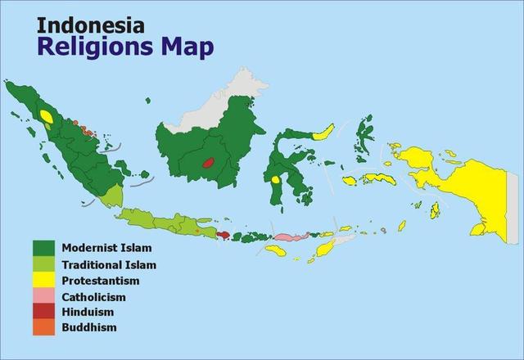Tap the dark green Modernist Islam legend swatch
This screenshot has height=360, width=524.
tap(44, 248)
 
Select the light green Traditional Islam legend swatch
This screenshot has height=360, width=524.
tap(44, 264)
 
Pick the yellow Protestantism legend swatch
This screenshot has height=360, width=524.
tap(44, 281)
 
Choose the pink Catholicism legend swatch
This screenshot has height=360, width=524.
tap(44, 296)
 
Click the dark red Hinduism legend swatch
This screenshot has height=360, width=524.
tap(44, 312)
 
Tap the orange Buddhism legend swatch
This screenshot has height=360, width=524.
tap(44, 327)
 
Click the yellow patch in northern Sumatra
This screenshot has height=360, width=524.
tap(47, 117)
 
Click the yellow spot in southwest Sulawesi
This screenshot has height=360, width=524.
tap(276, 180)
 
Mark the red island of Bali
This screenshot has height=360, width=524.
tap(224, 236)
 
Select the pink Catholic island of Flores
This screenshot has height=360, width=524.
tap(288, 236)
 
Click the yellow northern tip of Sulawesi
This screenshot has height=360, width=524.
tap(323, 132)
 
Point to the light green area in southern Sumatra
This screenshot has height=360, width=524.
tap(114, 195)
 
